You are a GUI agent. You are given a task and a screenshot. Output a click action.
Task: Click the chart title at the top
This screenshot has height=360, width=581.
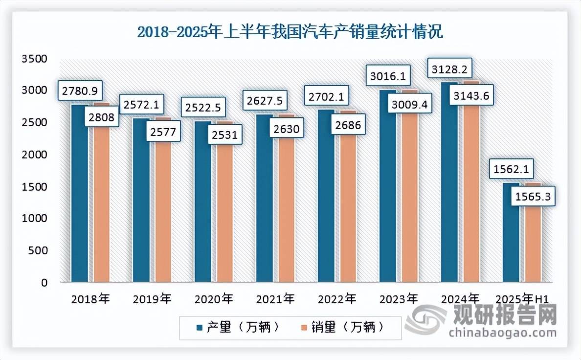coord(290,32)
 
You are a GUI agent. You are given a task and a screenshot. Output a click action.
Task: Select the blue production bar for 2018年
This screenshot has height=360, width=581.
coord(79,196)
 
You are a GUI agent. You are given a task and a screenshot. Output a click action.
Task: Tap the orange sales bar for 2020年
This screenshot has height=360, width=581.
coord(225,210)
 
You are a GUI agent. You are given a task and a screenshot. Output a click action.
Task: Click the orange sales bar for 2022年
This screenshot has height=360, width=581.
coord(348,205)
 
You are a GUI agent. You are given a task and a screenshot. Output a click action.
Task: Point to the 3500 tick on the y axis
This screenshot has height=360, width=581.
coord(34,59)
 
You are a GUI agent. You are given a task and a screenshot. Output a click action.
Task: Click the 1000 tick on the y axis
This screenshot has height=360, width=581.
coord(34,219)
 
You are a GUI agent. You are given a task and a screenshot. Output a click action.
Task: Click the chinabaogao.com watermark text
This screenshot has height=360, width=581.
coord(503,333)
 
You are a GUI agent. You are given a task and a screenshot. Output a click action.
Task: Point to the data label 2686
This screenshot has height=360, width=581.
coord(349,125)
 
